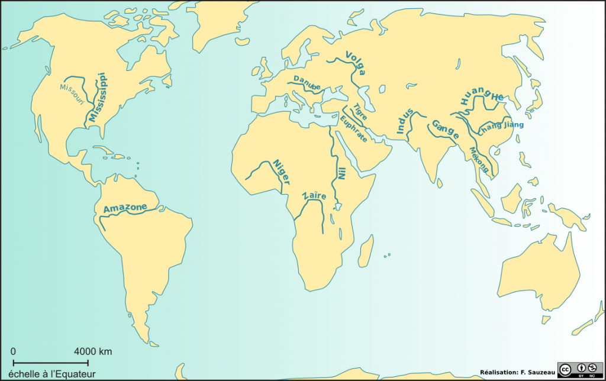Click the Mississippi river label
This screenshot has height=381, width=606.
coord(97,98)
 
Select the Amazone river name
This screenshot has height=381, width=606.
coord(125,208)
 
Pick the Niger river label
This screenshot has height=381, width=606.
coord(281,172)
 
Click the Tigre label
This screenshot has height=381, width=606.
coord(360,112)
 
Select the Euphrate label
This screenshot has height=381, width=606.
coord(354,130)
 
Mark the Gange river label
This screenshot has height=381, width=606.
coord(446,130)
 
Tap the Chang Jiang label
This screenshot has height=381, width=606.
coord(501,127)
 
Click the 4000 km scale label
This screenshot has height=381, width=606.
coord(93,351)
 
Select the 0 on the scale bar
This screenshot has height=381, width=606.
coord(14,351)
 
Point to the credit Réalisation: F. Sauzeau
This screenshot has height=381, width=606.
coord(517,372)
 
